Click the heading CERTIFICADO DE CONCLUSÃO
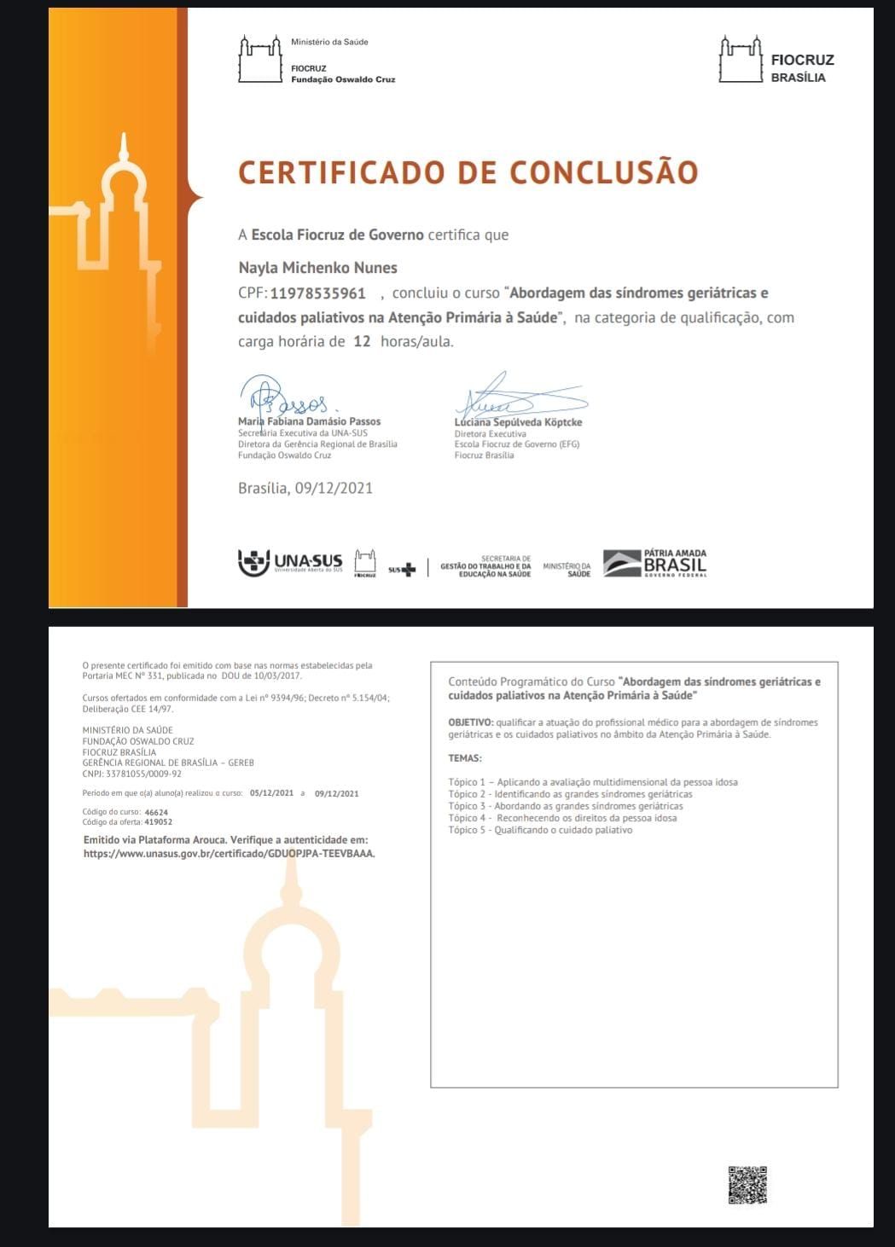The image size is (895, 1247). tap(468, 172)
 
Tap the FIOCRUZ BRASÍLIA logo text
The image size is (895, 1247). tap(801, 68)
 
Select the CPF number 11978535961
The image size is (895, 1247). tap(318, 294)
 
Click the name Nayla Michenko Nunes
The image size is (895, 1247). tap(317, 268)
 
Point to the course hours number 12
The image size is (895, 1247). tap(362, 342)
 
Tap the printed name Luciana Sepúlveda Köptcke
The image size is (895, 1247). tap(518, 422)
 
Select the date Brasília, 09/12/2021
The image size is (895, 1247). tap(305, 489)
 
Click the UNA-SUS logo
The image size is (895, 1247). tap(290, 562)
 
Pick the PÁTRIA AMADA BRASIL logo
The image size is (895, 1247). tap(655, 563)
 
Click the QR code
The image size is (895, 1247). tap(747, 1185)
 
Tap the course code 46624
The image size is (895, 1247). tap(157, 813)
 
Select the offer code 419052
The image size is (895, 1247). tap(159, 823)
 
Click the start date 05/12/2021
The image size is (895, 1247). tap(271, 793)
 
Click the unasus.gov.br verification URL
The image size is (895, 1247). tap(229, 853)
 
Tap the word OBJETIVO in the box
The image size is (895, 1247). tap(470, 722)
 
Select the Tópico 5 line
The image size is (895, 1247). tap(540, 830)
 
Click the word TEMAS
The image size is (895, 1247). tap(465, 758)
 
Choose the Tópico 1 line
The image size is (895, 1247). tap(592, 782)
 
